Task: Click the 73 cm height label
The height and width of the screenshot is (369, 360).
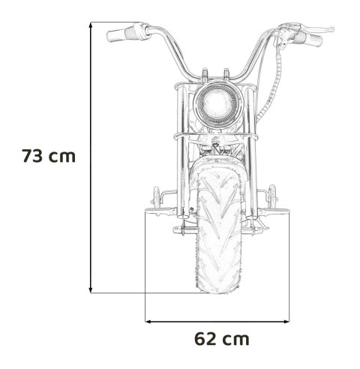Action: [x=49, y=157]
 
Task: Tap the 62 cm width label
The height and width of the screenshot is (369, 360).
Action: [x=221, y=338]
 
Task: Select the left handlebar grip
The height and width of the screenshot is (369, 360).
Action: [x=120, y=34]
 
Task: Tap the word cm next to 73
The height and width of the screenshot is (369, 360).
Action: [x=65, y=157]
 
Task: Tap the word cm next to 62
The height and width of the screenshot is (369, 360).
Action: [x=237, y=338]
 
